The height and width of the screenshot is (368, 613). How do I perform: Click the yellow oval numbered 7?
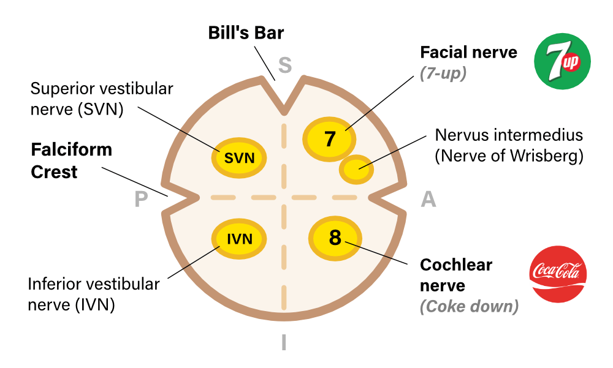pos(330,139)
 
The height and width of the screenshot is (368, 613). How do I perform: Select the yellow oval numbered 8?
pos(335,238)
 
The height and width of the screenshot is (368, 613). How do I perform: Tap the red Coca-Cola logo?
pos(558,274)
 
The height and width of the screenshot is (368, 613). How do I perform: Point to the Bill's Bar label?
pos(246,32)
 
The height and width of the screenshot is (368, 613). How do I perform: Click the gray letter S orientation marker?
pos(284,64)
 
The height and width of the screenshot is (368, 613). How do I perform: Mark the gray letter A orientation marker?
pos(428,199)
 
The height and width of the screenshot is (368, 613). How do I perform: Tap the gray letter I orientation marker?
pos(284,342)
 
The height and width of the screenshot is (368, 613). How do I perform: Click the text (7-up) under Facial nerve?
pos(443,73)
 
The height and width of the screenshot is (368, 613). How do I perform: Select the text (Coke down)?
pos(469,306)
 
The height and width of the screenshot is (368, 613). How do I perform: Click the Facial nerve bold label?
pos(468,53)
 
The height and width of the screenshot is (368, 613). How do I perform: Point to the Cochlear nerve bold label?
pos(456,275)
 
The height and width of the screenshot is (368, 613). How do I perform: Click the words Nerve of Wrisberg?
pos(508,156)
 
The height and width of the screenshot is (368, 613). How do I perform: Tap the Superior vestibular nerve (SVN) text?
pos(102,99)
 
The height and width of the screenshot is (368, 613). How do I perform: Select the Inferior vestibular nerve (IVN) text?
pos(94,294)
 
